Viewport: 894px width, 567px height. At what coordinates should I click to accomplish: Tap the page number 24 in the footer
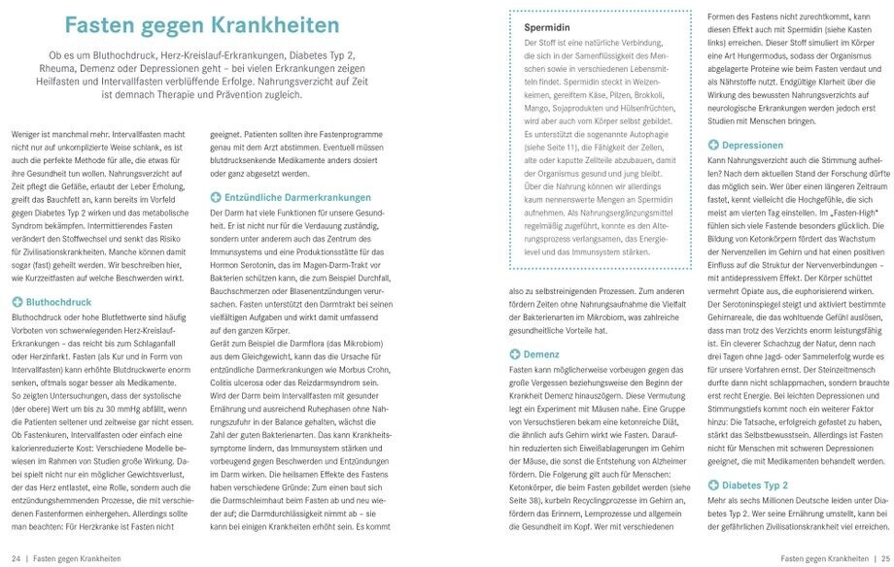[x=17, y=558]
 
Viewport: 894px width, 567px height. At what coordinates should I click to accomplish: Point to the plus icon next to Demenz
[x=516, y=355]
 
